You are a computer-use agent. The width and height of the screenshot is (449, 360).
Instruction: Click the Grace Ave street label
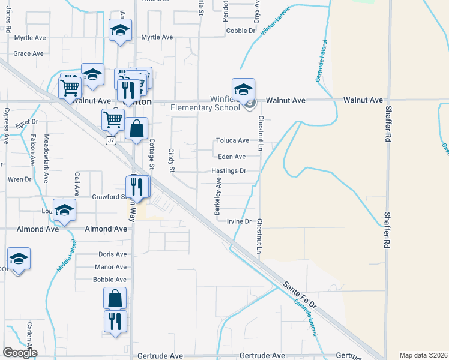[29, 53]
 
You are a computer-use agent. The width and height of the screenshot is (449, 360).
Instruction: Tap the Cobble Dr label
[241, 31]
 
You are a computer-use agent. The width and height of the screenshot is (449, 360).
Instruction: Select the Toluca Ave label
[232, 140]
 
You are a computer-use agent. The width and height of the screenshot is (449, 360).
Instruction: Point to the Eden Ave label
[231, 157]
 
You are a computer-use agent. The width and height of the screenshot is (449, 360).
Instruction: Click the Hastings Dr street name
[229, 170]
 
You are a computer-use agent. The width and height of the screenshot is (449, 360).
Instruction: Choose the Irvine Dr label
[239, 221]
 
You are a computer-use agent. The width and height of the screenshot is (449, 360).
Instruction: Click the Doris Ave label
[112, 254]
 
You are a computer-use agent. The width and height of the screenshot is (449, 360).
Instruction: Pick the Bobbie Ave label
[110, 280]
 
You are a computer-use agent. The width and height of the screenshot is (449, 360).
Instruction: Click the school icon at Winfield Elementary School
[243, 90]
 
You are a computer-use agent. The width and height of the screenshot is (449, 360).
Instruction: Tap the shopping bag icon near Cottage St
[137, 128]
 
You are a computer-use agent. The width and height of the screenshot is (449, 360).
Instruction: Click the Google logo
[20, 353]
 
